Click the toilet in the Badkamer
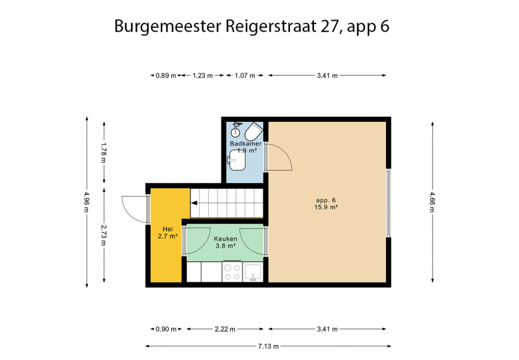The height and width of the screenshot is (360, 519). point(254,132)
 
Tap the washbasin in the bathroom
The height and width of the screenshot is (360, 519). point(237,160)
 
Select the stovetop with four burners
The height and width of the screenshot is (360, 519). point(232,272)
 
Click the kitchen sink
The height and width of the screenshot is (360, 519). point(253,272)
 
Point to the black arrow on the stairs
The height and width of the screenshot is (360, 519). point(194,203)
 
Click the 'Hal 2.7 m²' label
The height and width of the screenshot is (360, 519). point(167,233)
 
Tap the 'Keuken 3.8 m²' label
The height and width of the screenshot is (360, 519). point(225,242)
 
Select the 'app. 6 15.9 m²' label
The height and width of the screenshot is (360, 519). point(326,204)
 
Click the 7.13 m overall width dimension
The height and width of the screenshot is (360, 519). point(269,346)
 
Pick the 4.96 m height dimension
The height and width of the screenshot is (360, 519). point(87,202)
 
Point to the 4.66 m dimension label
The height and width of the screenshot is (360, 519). point(432,202)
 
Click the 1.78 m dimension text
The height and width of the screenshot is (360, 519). point(104,152)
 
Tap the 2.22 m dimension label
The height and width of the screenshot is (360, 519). point(225,330)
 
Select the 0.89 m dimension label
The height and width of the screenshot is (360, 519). point(166,75)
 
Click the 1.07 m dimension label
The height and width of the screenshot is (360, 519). point(245,75)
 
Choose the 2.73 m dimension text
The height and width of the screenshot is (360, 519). point(104,235)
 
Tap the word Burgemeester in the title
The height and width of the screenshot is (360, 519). point(168,27)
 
